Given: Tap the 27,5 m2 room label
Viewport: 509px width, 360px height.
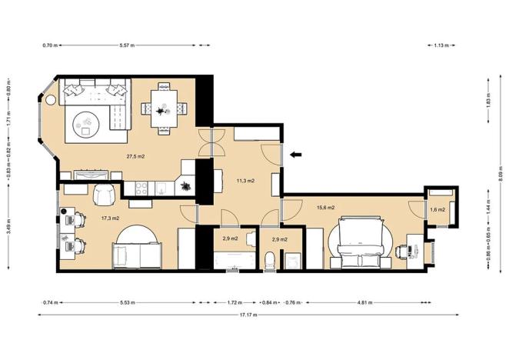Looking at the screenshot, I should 136,157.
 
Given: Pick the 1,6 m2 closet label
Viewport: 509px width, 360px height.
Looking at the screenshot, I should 437,210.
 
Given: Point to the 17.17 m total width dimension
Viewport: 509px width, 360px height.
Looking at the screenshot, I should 247,315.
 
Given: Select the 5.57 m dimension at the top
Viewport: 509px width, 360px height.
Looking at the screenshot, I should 127,45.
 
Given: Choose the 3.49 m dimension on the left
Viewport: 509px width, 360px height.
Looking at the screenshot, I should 8,229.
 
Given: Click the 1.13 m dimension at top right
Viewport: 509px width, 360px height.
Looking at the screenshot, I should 441,45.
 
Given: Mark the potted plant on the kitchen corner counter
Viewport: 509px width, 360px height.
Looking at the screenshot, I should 186,185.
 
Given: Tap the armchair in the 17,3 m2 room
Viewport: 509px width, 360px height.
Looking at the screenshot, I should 105,195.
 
